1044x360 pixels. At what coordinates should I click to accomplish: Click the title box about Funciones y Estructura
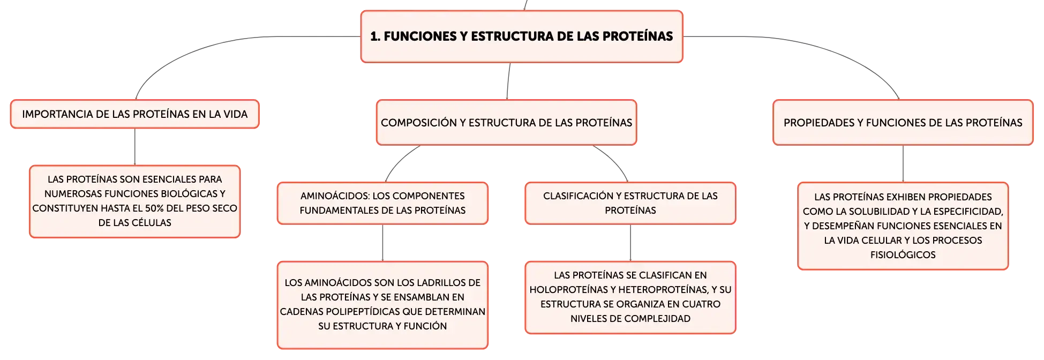(x=522, y=36)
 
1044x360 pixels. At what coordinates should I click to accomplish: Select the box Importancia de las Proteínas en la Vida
(x=135, y=114)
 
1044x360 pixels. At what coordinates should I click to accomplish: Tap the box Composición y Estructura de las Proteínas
(x=507, y=122)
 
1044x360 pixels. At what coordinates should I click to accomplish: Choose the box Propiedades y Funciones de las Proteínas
(x=903, y=122)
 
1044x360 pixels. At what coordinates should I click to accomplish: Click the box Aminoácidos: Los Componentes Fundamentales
(x=382, y=203)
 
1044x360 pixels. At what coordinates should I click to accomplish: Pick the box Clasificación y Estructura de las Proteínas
(x=630, y=203)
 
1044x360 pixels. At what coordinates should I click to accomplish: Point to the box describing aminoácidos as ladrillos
(x=382, y=305)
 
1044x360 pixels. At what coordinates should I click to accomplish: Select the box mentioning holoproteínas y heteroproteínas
(x=630, y=297)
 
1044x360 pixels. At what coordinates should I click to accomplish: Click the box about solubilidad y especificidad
(x=903, y=226)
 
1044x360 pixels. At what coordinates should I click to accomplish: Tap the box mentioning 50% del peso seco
(x=135, y=201)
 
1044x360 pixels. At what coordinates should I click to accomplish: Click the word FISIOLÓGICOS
(x=903, y=255)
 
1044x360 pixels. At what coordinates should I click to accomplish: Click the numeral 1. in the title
(x=375, y=36)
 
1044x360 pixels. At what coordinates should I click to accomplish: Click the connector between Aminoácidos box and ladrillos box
(x=382, y=243)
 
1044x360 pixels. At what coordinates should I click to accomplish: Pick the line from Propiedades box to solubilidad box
(x=903, y=164)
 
